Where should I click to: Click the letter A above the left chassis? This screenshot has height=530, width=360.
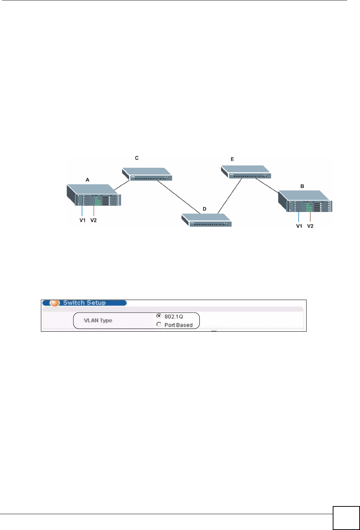pyautogui.click(x=87, y=180)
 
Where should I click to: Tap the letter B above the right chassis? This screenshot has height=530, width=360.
pyautogui.click(x=302, y=186)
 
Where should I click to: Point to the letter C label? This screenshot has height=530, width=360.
pyautogui.click(x=137, y=158)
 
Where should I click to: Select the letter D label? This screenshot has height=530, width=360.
pyautogui.click(x=205, y=209)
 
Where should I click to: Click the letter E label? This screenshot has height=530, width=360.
pyautogui.click(x=232, y=159)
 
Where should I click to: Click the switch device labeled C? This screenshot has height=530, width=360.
pyautogui.click(x=147, y=174)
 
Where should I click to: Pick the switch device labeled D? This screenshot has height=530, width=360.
pyautogui.click(x=207, y=220)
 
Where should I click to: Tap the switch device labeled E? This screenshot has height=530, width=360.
pyautogui.click(x=246, y=172)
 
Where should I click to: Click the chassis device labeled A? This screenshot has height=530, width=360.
pyautogui.click(x=94, y=195)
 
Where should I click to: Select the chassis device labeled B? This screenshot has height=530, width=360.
pyautogui.click(x=305, y=201)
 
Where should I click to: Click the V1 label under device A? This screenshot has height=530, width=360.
pyautogui.click(x=83, y=220)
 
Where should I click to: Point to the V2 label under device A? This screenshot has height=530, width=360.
pyautogui.click(x=94, y=220)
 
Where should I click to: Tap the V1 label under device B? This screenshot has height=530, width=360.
pyautogui.click(x=299, y=226)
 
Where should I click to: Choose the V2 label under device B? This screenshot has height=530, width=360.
pyautogui.click(x=310, y=226)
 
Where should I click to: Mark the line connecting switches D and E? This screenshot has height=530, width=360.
pyautogui.click(x=230, y=196)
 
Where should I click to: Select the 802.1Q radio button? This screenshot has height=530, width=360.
pyautogui.click(x=159, y=316)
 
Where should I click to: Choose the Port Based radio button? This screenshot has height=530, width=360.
pyautogui.click(x=159, y=324)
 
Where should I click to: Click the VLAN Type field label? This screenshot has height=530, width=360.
pyautogui.click(x=98, y=320)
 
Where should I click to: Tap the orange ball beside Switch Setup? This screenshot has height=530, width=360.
pyautogui.click(x=55, y=303)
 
